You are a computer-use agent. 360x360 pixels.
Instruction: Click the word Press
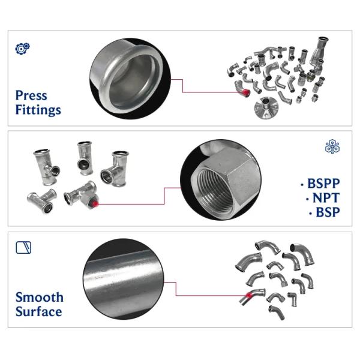tap(31, 95)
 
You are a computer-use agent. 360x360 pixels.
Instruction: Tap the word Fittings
tap(38, 110)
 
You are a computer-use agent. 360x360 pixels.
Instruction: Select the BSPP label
tap(322, 184)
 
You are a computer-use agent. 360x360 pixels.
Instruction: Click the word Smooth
tap(39, 297)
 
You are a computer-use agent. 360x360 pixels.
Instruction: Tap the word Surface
tap(38, 311)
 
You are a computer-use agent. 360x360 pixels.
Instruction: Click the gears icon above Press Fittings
tap(22, 48)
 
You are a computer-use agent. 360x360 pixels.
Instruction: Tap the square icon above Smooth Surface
tap(23, 247)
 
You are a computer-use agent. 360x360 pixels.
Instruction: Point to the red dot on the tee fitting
tap(95, 203)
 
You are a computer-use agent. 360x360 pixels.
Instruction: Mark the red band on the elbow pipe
tap(245, 296)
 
